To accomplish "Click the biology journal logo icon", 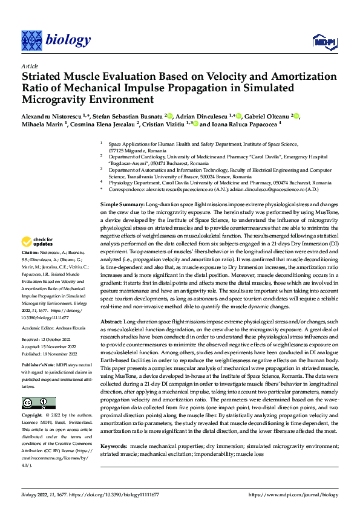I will tap(31, 41).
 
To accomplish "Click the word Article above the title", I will tap(29, 65).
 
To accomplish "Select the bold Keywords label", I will tap(114, 428).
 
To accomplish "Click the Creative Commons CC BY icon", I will tap(38, 403).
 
